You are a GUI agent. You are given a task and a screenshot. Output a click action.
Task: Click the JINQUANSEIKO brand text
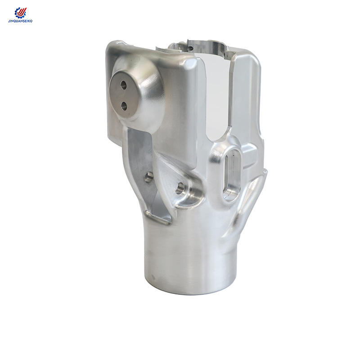pos(21,21)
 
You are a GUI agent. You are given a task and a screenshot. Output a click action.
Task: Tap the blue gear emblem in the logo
pos(18,13)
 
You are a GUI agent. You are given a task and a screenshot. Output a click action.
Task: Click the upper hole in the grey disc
pos(123,84)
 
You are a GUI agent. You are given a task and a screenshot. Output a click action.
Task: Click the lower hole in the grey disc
pos(124,105)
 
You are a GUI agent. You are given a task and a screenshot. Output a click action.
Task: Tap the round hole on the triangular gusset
pos(180,188)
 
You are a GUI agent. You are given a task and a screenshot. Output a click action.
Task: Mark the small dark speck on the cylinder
pos(154,276)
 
